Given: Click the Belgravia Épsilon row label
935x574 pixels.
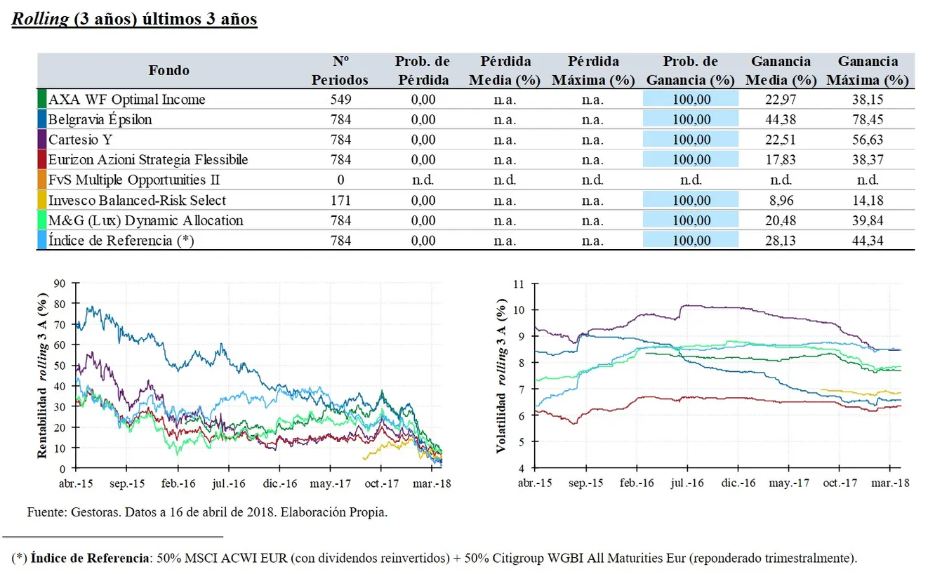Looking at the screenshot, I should pos(100,119).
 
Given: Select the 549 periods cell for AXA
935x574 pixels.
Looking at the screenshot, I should pos(340,99).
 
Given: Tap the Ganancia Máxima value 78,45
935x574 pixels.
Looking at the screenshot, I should pos(868,119).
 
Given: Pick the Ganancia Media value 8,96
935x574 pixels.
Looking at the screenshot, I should pos(781,200).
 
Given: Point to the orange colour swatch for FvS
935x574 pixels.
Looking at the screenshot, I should pos(42,180).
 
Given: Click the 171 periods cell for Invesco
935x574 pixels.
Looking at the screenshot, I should pos(340,200).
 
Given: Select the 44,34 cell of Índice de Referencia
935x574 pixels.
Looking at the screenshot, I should pos(868,241).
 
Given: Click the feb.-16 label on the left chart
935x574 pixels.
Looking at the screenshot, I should pos(178,483).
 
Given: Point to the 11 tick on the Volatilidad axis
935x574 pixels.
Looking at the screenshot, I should pos(518,284).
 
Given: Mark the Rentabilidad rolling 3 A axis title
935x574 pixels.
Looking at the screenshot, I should pos(43,376).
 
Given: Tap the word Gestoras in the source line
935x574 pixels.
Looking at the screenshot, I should pos(95,512).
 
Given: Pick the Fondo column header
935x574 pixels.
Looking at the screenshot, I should pos(168,70).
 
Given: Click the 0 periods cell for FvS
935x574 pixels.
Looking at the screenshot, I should pos(340,180).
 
